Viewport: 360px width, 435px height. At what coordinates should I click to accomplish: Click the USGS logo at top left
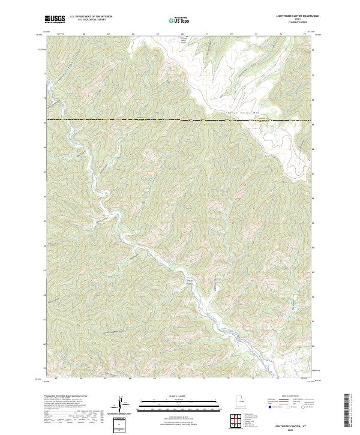55,20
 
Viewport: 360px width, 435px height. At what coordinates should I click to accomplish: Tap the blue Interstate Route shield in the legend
274,406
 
